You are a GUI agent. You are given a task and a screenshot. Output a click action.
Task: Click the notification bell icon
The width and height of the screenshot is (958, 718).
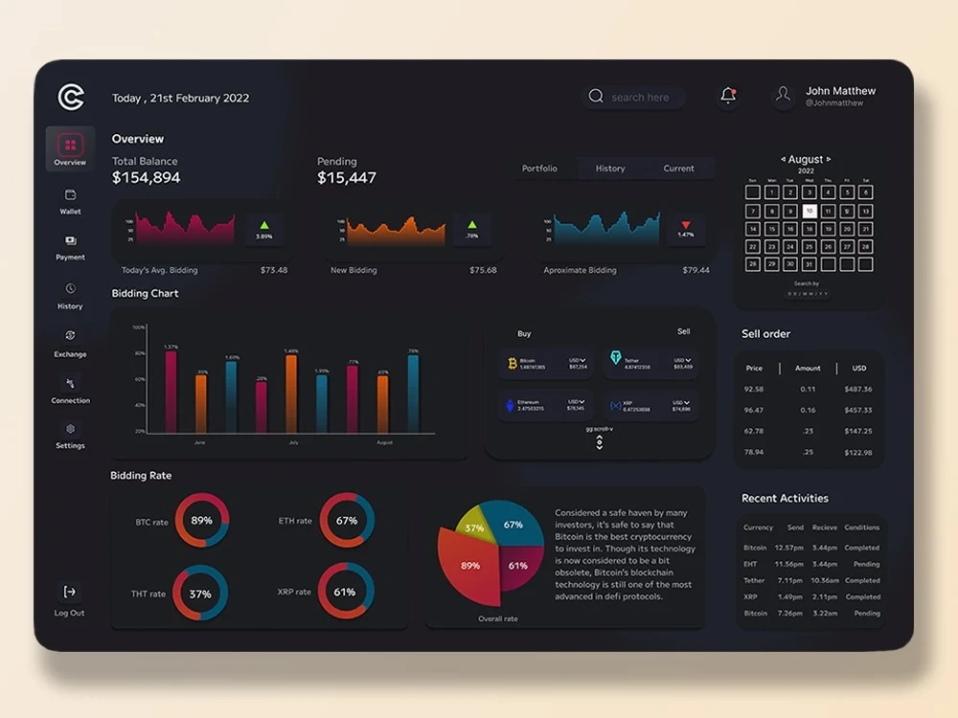pyautogui.click(x=727, y=96)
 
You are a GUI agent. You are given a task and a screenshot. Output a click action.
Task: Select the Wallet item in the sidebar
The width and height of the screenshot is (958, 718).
pyautogui.click(x=70, y=200)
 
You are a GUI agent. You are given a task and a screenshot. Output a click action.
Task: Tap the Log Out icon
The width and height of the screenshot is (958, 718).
pyautogui.click(x=70, y=593)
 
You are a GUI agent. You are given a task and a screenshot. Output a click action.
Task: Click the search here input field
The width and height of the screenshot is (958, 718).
pyautogui.click(x=639, y=97)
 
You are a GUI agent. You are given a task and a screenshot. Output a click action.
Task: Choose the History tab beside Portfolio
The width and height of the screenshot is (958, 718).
pyautogui.click(x=610, y=168)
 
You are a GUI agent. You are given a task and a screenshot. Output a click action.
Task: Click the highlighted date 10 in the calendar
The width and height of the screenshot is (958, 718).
pyautogui.click(x=810, y=211)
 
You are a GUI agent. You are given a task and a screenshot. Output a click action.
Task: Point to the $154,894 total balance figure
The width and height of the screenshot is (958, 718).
pyautogui.click(x=147, y=177)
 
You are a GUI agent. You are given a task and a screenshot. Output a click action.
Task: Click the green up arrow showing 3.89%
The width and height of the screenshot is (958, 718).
pyautogui.click(x=264, y=226)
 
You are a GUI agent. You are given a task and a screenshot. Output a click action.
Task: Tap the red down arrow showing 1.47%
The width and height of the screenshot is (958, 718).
pyautogui.click(x=686, y=226)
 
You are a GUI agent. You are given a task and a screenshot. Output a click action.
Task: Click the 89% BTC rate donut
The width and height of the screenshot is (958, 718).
pyautogui.click(x=202, y=521)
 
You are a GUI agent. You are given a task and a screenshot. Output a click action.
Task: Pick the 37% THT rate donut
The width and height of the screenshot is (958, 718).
pyautogui.click(x=200, y=594)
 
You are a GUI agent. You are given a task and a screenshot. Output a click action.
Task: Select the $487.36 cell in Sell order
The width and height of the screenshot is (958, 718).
pyautogui.click(x=858, y=390)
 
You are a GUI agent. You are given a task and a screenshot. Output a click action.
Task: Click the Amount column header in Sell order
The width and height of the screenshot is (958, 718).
pyautogui.click(x=808, y=368)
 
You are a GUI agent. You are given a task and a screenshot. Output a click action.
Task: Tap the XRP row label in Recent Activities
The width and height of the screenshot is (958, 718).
pyautogui.click(x=751, y=596)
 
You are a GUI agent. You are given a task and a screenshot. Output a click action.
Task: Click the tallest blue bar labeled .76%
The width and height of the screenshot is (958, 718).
pyautogui.click(x=413, y=393)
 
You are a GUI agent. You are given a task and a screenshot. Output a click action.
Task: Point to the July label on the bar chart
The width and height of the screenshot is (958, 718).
pyautogui.click(x=293, y=443)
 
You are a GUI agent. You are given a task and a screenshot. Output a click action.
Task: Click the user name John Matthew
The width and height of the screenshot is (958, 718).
pyautogui.click(x=840, y=91)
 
